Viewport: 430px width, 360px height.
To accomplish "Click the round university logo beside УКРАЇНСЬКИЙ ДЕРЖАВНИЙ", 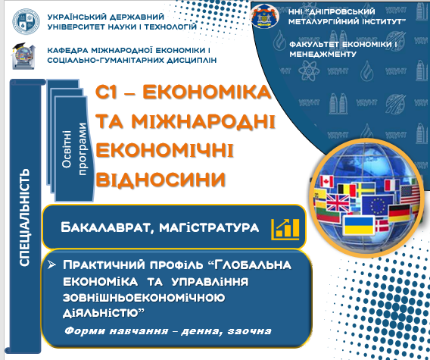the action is (26, 21).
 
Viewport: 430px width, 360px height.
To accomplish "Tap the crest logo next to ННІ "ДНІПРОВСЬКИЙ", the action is (265, 17).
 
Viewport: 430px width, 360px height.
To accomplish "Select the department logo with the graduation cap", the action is (23, 56).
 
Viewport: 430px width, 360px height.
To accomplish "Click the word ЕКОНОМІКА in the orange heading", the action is (207, 92).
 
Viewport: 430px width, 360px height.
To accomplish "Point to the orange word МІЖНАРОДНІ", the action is (203, 121).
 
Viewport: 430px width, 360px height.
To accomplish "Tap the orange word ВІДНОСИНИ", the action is (160, 180).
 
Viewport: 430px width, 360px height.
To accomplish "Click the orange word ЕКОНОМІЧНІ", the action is (164, 150).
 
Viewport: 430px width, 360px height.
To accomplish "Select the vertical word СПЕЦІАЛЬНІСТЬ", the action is (24, 218).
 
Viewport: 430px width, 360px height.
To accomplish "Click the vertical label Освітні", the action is (67, 149).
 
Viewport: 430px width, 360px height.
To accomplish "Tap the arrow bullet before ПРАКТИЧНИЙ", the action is (51, 265).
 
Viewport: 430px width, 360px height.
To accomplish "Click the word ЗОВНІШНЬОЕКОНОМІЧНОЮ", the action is (144, 298).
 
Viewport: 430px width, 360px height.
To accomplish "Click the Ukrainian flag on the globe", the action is (359, 225).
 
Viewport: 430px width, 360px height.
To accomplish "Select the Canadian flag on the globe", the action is (326, 182).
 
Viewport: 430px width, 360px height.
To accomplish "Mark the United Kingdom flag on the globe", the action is (338, 202).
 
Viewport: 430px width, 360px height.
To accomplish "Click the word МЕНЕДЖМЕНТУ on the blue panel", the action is (322, 54).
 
